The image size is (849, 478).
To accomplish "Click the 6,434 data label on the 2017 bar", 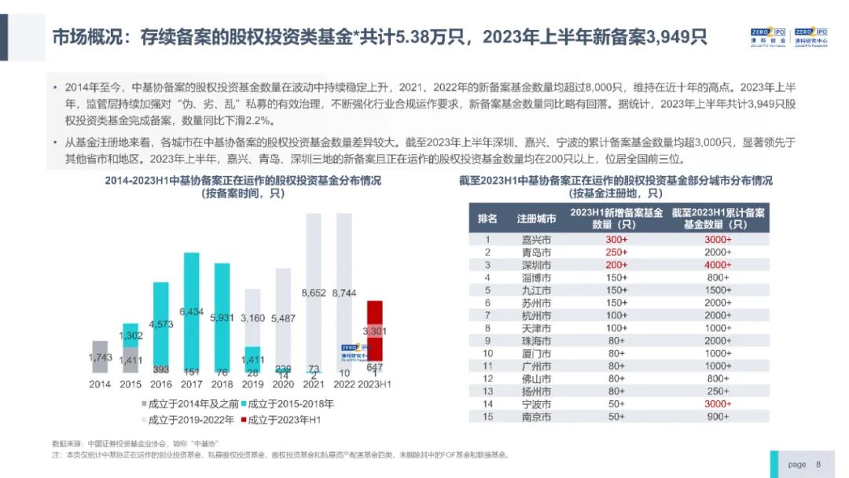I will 191,312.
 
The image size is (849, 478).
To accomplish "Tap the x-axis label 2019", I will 252,384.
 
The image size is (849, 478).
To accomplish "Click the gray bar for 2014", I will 100,358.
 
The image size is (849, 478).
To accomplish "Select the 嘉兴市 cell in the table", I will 536,241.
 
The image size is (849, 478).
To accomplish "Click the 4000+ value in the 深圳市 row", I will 717,265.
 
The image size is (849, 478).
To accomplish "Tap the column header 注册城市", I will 536,219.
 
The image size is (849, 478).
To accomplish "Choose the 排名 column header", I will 487,219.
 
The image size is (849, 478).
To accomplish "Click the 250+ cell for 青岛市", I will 616,253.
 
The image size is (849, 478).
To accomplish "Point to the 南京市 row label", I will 536,417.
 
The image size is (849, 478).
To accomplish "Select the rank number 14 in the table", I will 487,404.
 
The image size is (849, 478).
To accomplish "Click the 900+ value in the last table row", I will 717,417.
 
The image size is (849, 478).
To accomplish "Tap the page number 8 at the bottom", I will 818,465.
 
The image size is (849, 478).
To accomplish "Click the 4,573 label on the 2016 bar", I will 160,324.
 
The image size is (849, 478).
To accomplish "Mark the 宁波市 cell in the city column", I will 536,404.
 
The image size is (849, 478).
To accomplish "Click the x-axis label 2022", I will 344,384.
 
